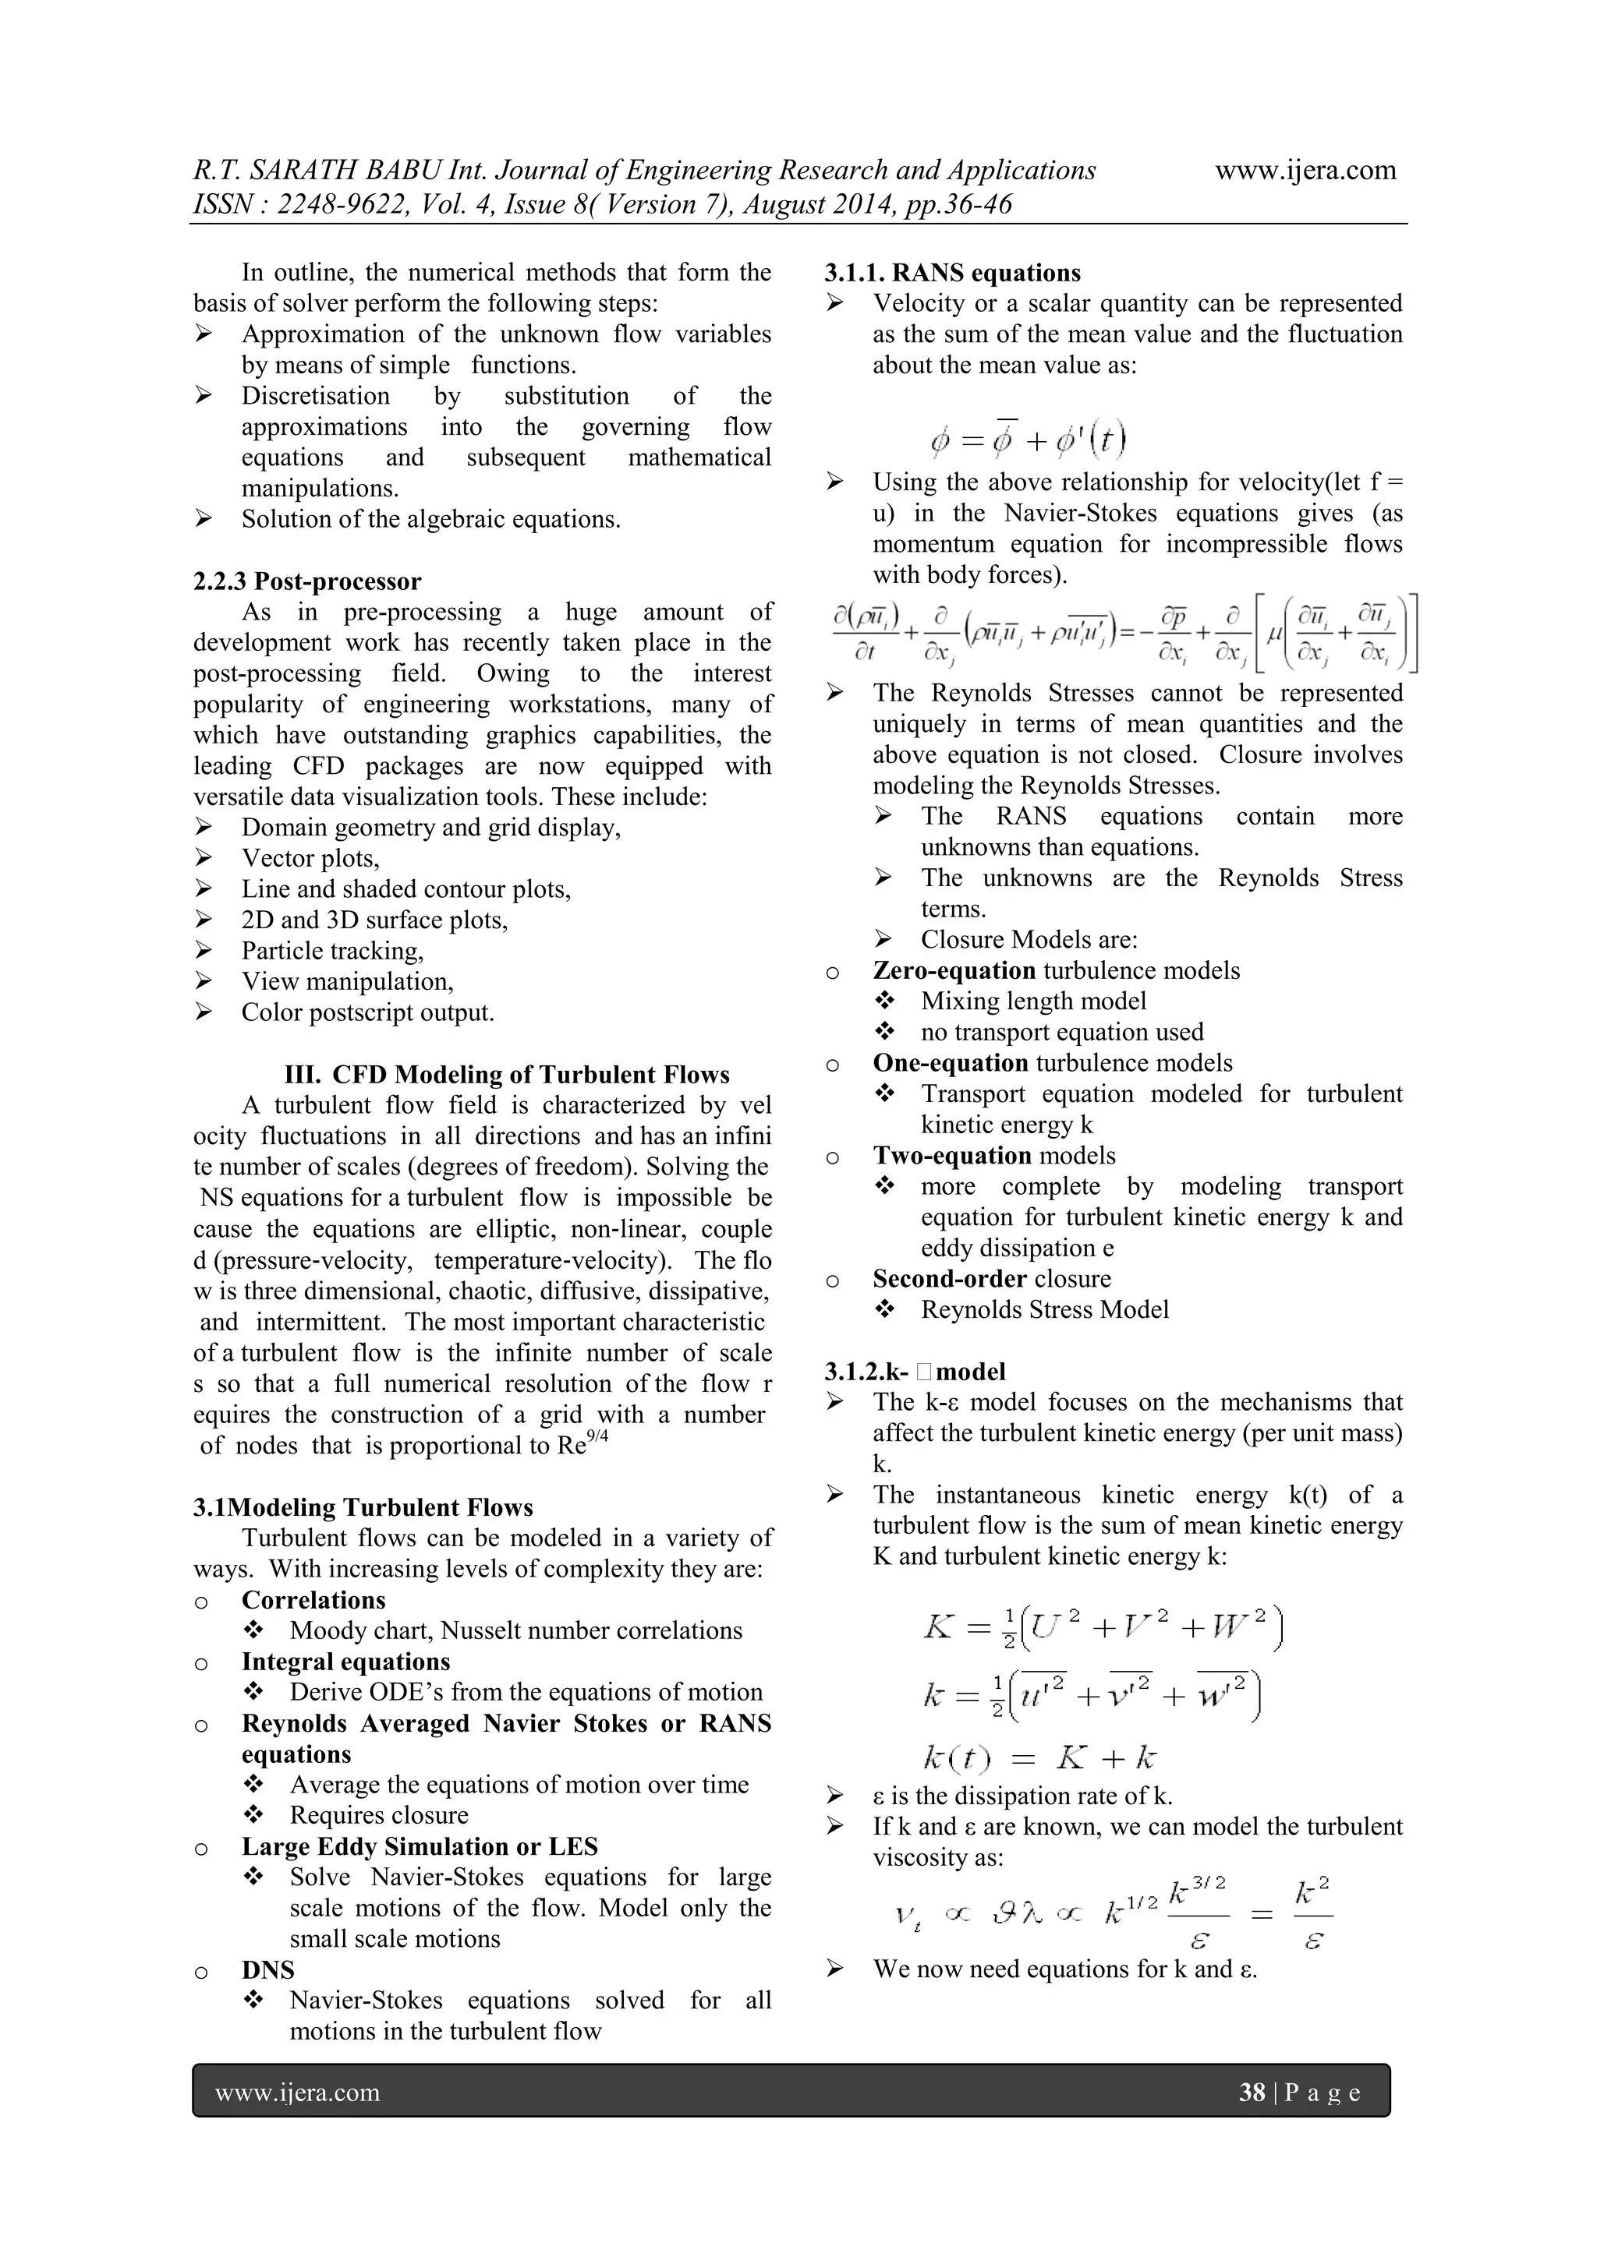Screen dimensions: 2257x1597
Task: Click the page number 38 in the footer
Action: tap(1251, 2092)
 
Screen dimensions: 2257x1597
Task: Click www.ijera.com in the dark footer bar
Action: tap(297, 2092)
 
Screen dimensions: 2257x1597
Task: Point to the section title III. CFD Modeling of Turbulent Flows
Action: tap(506, 1075)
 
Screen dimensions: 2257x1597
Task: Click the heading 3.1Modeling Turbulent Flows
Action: tap(363, 1507)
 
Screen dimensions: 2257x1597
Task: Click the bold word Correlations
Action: tap(313, 1599)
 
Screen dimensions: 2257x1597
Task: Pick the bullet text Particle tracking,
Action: tap(332, 951)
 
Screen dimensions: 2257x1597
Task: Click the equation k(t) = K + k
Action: tap(1039, 1757)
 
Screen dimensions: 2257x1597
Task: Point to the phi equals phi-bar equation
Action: tap(1028, 439)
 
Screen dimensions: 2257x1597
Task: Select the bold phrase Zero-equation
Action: tap(954, 970)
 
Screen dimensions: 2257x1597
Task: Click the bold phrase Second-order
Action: tap(950, 1278)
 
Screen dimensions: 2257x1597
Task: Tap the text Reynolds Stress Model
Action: tap(1044, 1309)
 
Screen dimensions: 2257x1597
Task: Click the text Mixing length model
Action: tap(1033, 1001)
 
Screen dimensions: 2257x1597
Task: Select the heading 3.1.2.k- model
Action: tap(915, 1372)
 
